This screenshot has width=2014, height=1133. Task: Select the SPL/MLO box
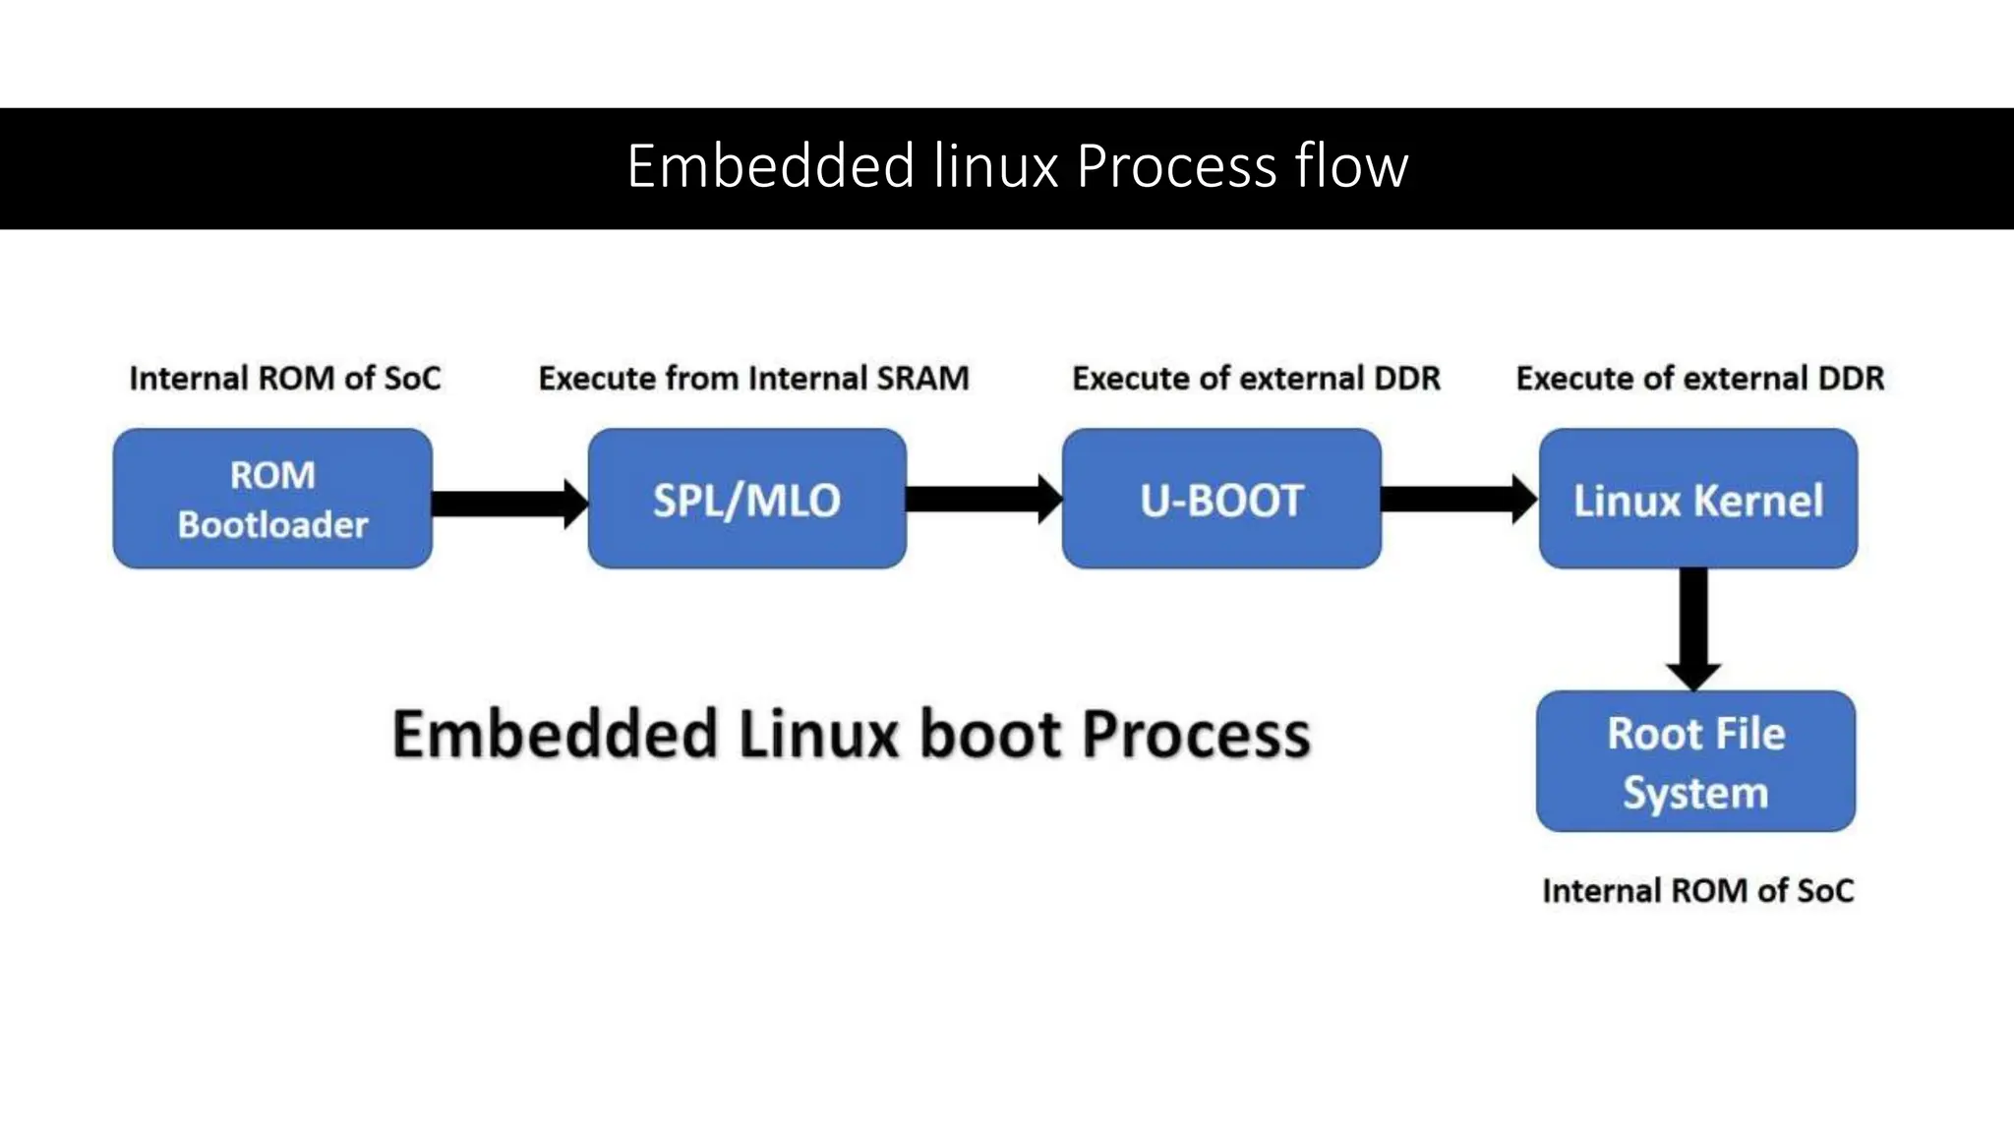click(x=746, y=499)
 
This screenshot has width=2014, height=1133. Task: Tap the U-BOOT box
click(x=1221, y=499)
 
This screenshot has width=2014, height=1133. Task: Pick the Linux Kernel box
click(x=1698, y=499)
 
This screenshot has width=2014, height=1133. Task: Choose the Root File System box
click(x=1695, y=761)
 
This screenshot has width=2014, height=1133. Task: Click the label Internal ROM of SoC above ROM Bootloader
click(x=285, y=379)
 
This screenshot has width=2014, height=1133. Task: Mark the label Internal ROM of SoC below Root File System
click(x=1697, y=891)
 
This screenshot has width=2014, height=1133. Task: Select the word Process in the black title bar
click(x=1176, y=166)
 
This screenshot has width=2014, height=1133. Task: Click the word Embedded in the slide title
click(x=771, y=166)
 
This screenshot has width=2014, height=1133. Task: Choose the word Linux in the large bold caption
click(x=818, y=735)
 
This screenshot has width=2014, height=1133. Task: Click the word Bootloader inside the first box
click(x=272, y=525)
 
